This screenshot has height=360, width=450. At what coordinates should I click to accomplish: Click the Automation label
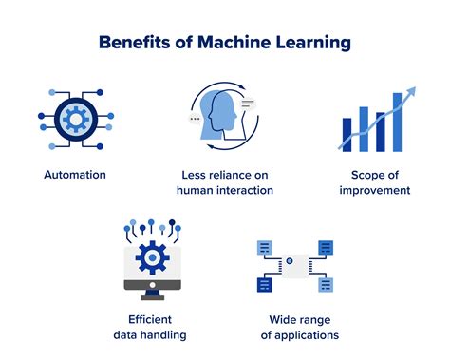click(x=75, y=175)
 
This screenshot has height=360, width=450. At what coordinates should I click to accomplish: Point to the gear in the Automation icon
click(x=75, y=118)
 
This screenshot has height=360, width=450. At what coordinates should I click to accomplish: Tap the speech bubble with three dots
click(x=196, y=120)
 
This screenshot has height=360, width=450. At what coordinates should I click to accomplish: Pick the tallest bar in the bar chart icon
click(x=397, y=118)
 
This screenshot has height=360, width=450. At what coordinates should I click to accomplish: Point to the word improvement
click(x=375, y=190)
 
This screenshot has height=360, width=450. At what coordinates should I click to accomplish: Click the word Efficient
click(x=151, y=319)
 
